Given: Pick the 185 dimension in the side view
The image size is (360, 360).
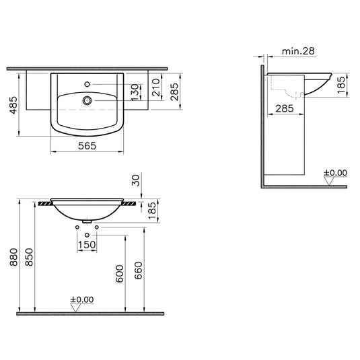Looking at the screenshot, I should pyautogui.click(x=341, y=84).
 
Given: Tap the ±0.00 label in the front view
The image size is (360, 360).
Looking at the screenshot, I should pyautogui.click(x=83, y=299).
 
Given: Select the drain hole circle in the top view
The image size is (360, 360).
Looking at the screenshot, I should pyautogui.click(x=87, y=101).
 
